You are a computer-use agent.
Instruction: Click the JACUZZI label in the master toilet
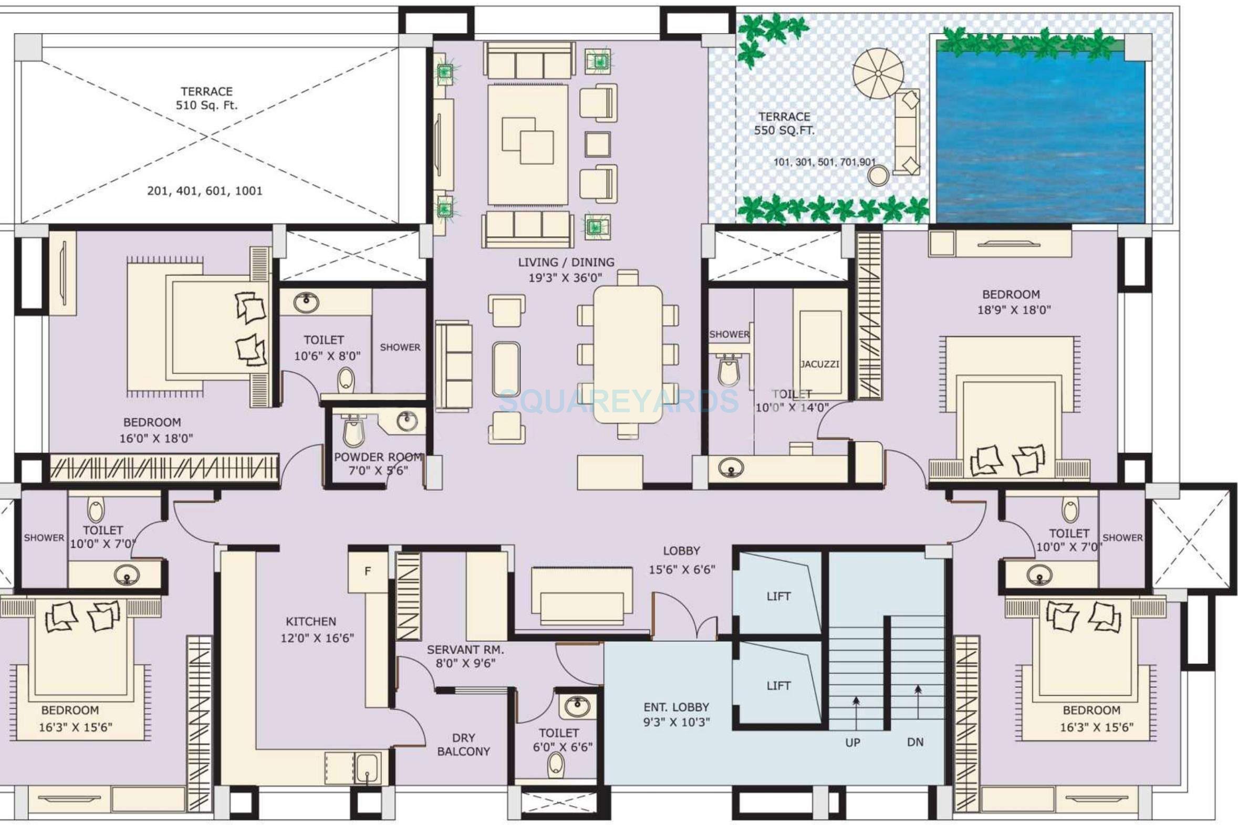pos(819,364)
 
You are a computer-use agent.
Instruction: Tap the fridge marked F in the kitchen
pos(368,571)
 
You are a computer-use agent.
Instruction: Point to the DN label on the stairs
pos(915,742)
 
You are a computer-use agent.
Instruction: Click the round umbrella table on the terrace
pos(878,73)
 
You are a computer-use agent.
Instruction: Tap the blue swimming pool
pos(1041,137)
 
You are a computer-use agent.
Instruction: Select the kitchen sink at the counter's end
pos(367,769)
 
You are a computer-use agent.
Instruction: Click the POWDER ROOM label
pos(378,457)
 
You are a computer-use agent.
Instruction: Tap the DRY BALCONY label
pos(463,745)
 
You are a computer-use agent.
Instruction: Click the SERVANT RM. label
pos(465,650)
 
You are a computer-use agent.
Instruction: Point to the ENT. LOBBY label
pos(676,707)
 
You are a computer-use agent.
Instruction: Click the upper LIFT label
pos(778,596)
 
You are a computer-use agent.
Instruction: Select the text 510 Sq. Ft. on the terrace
pos(206,105)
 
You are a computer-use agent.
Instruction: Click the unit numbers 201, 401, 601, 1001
pos(205,191)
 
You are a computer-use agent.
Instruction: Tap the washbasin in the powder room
pos(407,421)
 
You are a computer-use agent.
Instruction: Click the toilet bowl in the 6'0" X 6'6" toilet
pos(556,765)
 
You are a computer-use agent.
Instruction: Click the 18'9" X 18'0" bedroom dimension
pos(1014,310)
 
